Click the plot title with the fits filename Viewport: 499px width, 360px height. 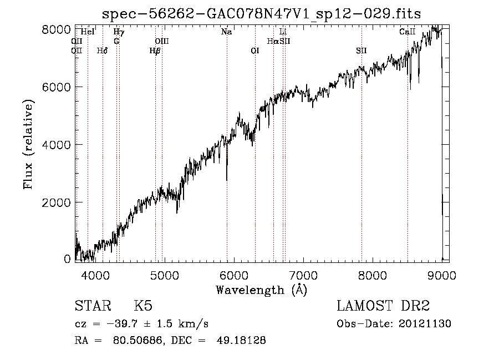(262, 14)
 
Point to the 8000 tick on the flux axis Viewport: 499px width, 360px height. (57, 29)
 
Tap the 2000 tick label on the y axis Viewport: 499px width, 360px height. (57, 202)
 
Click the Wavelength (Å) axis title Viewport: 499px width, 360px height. (261, 290)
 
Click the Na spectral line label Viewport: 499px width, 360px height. (226, 32)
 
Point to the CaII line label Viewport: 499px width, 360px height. (408, 32)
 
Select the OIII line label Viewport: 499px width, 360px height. (161, 41)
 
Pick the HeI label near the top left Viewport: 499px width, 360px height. (88, 32)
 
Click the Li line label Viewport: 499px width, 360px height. (283, 32)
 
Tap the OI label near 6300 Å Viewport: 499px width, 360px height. (255, 50)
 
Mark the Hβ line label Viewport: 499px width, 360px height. (155, 50)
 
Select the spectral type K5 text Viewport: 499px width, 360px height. (143, 306)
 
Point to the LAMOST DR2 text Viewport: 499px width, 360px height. (383, 306)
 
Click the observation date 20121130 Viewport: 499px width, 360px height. (425, 323)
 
